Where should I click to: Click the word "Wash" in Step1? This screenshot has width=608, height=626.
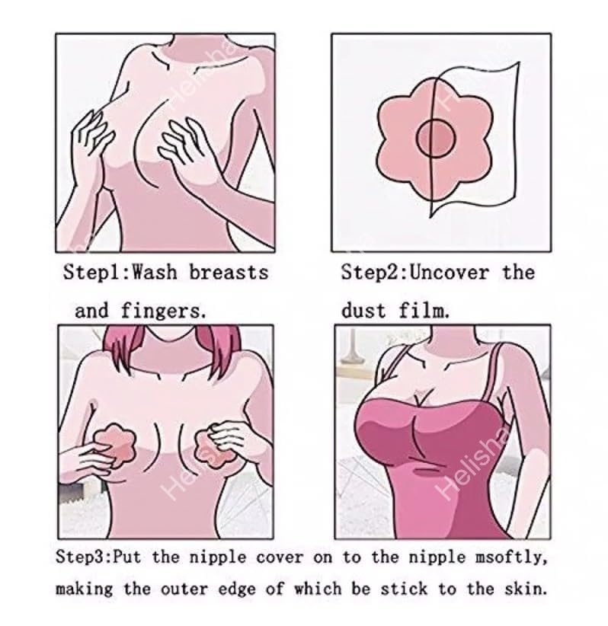coord(154,273)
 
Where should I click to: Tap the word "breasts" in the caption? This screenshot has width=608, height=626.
coord(229,273)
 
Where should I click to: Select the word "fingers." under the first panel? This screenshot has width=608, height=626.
coord(164,311)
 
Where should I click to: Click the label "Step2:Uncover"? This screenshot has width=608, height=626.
coord(415,273)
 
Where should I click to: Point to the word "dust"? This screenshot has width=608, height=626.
coord(363,311)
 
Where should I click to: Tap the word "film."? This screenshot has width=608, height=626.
coord(424,311)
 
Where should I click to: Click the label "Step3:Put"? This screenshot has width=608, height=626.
coord(98,557)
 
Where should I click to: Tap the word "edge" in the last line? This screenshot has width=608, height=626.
coord(237,589)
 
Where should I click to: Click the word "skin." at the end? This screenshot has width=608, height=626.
coord(526,589)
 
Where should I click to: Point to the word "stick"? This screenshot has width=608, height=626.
coord(404,589)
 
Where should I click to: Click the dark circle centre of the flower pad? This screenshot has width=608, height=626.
coord(436,138)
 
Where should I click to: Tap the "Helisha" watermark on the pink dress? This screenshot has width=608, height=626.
coord(474,465)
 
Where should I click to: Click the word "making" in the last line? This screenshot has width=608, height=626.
coord(85,589)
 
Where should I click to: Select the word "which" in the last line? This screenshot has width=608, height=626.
coord(318,589)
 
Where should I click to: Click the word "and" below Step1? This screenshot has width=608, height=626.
coord(91,311)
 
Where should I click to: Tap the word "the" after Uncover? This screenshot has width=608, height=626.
coord(519,273)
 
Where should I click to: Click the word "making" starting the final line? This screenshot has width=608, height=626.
coord(85,589)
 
